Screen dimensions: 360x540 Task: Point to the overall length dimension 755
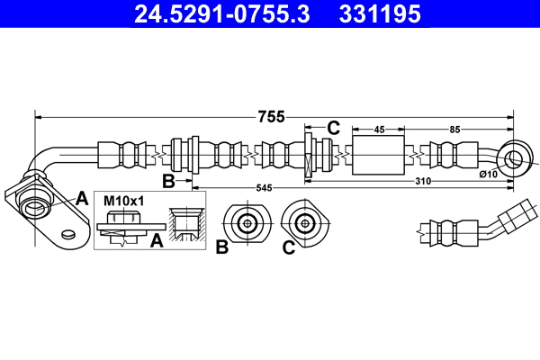tap(271, 115)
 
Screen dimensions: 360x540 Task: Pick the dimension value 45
tap(379, 130)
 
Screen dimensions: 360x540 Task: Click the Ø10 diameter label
tap(489, 173)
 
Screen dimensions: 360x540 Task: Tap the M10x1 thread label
tap(123, 200)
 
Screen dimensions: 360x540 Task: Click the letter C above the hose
tap(333, 128)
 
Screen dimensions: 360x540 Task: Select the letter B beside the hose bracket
tap(167, 182)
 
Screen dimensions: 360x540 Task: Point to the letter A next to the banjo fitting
tap(82, 198)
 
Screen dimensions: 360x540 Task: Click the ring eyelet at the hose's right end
tap(514, 159)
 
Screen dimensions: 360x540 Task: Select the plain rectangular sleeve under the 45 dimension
tap(379, 156)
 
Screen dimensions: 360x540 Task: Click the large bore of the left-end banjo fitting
tap(36, 208)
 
